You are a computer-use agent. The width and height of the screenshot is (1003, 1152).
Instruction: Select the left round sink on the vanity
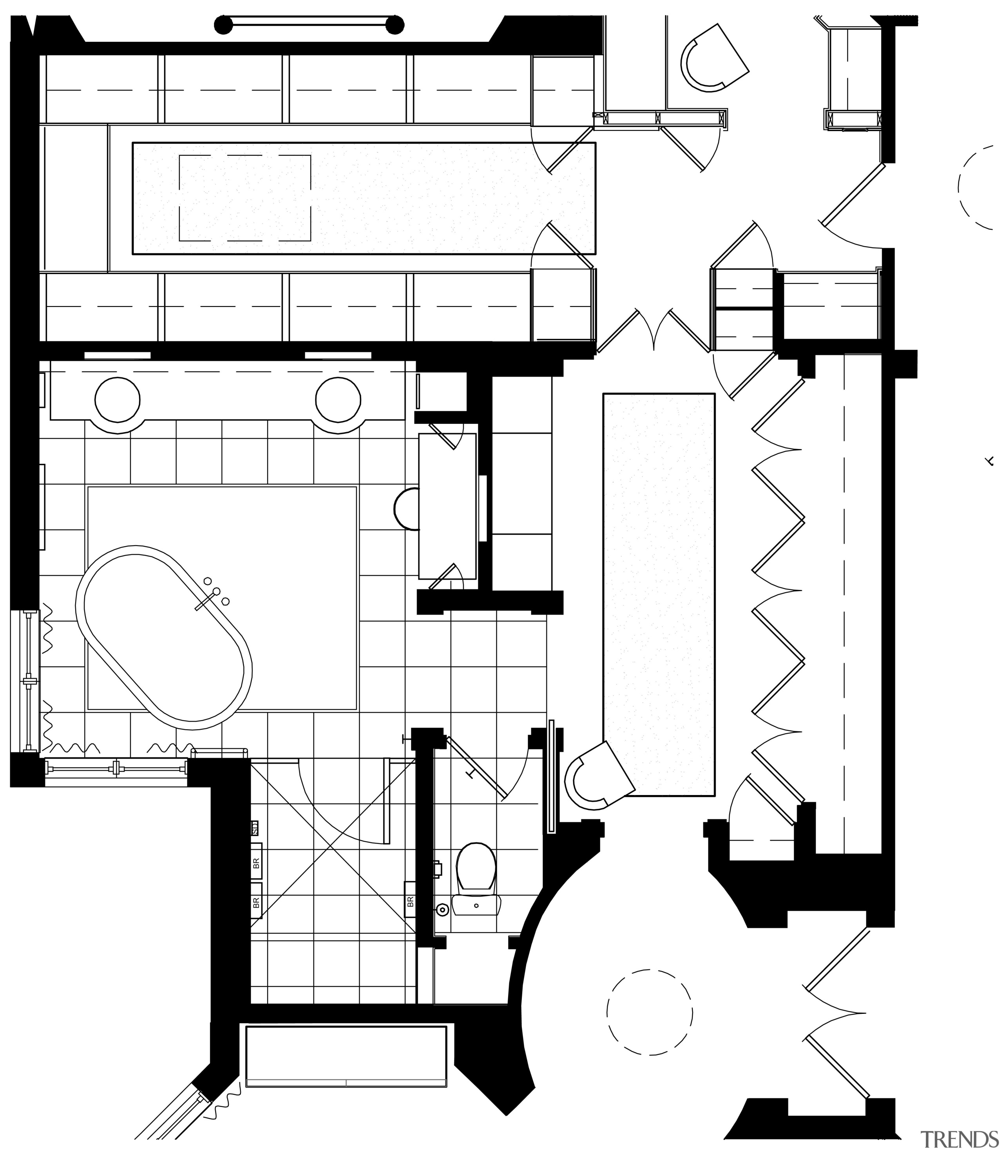(118, 399)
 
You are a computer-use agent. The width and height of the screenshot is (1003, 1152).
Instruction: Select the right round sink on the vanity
(338, 399)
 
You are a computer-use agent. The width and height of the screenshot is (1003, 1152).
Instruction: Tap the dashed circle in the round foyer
(649, 1013)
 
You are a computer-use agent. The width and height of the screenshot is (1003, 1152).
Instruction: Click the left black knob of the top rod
(223, 25)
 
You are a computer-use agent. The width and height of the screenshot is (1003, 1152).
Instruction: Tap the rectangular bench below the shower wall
(346, 1057)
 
